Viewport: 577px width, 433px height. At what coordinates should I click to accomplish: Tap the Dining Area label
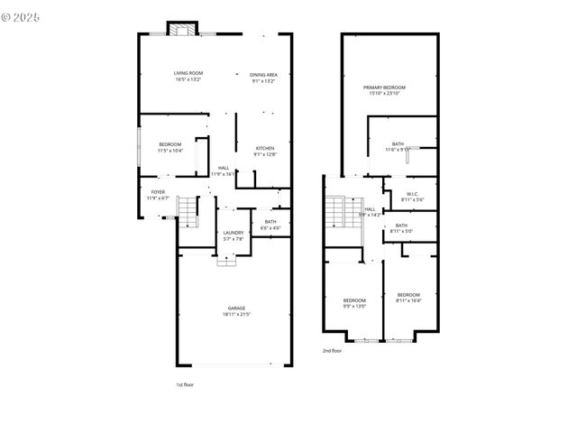(263, 73)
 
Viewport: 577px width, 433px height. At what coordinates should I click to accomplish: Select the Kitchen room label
(264, 148)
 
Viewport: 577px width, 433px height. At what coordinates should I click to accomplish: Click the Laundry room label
(234, 233)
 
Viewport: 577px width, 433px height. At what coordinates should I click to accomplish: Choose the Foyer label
(158, 192)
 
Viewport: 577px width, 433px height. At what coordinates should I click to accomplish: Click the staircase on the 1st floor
(188, 213)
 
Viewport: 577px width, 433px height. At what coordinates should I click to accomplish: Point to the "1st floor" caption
(184, 384)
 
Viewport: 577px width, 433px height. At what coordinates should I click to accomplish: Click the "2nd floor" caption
(332, 350)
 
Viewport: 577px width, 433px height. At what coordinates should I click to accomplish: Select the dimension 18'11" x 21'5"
(235, 314)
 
